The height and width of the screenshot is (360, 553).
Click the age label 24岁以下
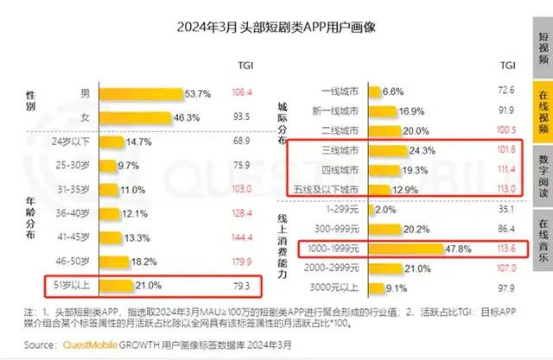pyautogui.click(x=73, y=141)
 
